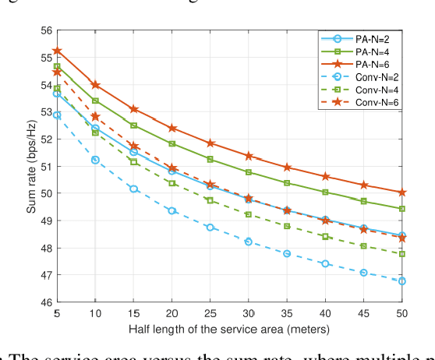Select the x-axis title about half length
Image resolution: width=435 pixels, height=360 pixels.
pyautogui.click(x=229, y=329)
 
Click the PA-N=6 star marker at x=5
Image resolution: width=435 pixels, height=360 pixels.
pyautogui.click(x=57, y=51)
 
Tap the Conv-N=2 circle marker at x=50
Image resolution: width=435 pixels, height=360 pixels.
pyautogui.click(x=402, y=281)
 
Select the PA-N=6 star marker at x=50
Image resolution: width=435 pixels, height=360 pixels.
pyautogui.click(x=402, y=192)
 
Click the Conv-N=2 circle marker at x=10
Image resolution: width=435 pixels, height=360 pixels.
pyautogui.click(x=95, y=160)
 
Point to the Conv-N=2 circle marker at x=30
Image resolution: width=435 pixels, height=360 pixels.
pyautogui.click(x=249, y=242)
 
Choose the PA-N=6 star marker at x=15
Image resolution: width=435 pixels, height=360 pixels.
pyautogui.click(x=133, y=109)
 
